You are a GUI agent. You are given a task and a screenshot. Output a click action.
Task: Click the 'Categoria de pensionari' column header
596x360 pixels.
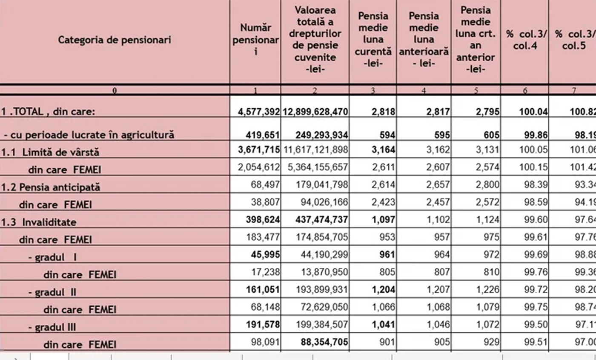(x=115, y=40)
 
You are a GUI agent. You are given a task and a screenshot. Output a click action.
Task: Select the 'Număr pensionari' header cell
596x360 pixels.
(x=255, y=40)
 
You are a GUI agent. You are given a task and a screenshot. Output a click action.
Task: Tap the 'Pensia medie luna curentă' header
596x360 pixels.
(x=373, y=40)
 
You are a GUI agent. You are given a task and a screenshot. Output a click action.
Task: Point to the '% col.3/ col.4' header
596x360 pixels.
(x=525, y=40)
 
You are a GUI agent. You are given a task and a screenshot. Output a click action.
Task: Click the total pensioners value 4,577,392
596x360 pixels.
(x=259, y=112)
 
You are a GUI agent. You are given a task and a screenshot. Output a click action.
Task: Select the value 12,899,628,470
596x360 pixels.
(x=315, y=112)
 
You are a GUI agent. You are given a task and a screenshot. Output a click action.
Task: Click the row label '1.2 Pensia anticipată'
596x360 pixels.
(x=50, y=187)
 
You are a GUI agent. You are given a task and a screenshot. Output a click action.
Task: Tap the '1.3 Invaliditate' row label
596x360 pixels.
(x=39, y=222)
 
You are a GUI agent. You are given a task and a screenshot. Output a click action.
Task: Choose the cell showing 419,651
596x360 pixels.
(x=263, y=135)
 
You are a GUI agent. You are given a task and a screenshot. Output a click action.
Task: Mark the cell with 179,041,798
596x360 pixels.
(x=322, y=184)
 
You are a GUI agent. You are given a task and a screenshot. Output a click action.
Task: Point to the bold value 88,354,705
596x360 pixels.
(x=322, y=342)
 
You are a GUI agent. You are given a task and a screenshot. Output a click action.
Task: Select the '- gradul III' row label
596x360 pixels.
(x=52, y=327)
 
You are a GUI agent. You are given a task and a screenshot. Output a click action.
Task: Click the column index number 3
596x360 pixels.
(x=373, y=90)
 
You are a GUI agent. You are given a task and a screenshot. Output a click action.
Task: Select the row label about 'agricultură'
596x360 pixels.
(x=89, y=135)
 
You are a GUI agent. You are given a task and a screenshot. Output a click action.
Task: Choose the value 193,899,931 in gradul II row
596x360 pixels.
(x=322, y=289)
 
